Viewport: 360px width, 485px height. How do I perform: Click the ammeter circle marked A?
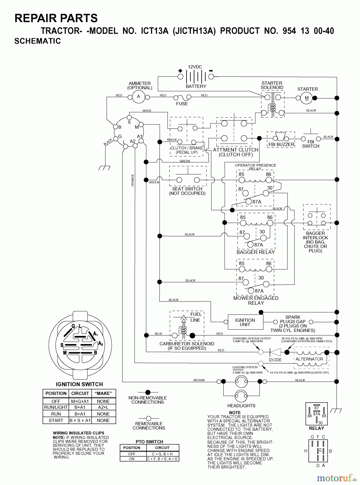139,96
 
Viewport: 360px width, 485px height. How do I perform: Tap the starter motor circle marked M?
307,98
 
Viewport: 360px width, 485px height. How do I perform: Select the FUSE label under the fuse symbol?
182,104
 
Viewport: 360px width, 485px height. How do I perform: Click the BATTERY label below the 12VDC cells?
196,86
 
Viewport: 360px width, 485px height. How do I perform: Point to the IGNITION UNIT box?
245,322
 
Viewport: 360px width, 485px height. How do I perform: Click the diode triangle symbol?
275,352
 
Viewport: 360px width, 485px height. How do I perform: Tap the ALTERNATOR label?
309,359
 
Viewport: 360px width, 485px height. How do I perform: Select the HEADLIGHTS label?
241,406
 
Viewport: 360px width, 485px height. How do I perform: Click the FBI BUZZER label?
281,144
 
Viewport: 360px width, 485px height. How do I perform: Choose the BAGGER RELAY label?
256,252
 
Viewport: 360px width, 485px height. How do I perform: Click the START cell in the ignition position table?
56,420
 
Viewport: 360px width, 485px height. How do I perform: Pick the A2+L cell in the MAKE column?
103,407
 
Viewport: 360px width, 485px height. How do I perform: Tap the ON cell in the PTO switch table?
132,459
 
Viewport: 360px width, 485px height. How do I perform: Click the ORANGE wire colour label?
132,180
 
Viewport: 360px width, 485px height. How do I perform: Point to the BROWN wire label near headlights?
199,380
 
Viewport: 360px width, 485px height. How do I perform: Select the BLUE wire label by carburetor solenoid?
159,334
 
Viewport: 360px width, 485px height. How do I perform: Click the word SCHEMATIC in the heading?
38,41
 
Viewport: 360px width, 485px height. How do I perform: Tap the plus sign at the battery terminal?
180,71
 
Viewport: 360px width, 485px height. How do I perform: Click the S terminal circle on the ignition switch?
129,117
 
